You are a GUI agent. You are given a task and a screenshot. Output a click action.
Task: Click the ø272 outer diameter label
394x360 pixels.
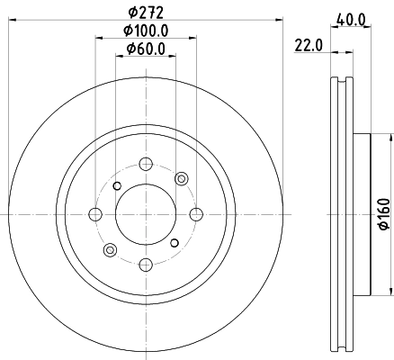coord(145,13)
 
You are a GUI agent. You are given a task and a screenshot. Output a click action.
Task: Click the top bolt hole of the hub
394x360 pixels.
coord(145,164)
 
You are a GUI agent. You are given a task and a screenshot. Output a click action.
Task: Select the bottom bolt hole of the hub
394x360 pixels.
coord(145,264)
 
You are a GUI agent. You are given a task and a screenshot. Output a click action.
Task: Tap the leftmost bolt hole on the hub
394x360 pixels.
coord(94,214)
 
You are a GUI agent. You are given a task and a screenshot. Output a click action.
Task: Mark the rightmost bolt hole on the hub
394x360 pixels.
coord(194,214)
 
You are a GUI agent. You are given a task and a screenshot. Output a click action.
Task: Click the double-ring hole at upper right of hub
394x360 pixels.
coord(180,178)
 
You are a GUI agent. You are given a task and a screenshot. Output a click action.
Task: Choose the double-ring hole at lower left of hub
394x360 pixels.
coord(110,249)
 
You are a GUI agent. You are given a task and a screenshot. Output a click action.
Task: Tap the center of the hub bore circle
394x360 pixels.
coord(145,214)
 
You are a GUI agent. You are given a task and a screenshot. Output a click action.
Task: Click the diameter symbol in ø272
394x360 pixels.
coord(131,13)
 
